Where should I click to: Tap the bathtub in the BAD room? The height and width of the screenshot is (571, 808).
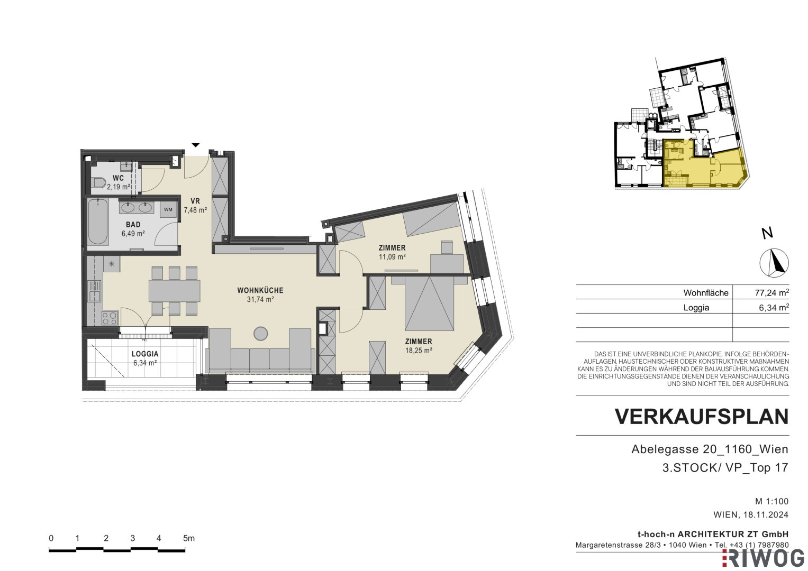(98, 222)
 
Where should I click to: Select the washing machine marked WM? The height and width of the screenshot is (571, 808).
(168, 209)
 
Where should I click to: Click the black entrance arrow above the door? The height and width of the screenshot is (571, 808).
(195, 145)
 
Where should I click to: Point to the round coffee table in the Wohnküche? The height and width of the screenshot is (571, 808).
(261, 334)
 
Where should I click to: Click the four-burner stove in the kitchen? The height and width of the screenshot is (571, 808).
(110, 318)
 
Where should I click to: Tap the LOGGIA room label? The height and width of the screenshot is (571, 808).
(145, 354)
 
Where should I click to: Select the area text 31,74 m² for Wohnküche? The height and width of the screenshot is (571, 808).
(260, 299)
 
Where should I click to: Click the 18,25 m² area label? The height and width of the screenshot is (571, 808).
(419, 350)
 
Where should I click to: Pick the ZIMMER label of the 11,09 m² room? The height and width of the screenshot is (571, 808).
(392, 248)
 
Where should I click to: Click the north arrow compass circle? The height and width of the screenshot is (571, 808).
(774, 263)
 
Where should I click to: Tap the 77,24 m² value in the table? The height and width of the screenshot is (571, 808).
(772, 293)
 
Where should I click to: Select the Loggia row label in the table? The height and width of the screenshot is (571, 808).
(696, 308)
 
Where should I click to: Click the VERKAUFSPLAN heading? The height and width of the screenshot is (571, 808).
(702, 417)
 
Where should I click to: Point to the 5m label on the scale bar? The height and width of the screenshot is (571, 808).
(189, 539)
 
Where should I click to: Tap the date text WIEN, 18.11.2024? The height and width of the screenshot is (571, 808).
(751, 514)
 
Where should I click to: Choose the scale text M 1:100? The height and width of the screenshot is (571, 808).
(772, 501)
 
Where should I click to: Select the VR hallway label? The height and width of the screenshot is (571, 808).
(195, 201)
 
